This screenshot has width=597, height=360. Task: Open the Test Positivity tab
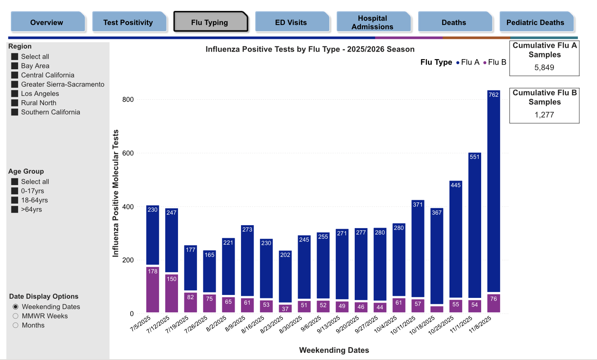[x=128, y=22]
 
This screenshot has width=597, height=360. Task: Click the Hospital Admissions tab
[x=372, y=22]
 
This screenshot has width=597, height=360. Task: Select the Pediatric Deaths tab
[x=535, y=22]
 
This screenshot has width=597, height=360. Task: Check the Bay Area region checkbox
[x=15, y=66]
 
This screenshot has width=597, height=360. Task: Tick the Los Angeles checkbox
[x=15, y=93]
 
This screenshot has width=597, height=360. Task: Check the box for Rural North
[x=15, y=103]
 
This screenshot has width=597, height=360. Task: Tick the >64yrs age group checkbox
[x=15, y=209]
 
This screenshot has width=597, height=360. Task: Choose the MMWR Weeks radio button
[x=16, y=316]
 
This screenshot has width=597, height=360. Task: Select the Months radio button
[x=16, y=325]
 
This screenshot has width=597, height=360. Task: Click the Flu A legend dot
[x=458, y=63]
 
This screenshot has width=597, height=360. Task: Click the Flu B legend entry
[x=495, y=62]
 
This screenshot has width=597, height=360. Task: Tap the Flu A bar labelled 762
[x=493, y=191]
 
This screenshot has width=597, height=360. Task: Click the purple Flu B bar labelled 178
[x=153, y=289]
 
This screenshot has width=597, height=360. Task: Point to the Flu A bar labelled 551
[x=475, y=225]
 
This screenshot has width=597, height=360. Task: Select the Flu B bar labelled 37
[x=285, y=308]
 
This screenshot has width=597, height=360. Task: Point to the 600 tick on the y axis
[x=128, y=153]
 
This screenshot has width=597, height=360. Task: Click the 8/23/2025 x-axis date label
[x=271, y=325]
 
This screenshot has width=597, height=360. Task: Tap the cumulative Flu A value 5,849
[x=544, y=67]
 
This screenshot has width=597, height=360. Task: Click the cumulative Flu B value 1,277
[x=544, y=115]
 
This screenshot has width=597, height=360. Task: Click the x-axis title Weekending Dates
[x=334, y=350]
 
